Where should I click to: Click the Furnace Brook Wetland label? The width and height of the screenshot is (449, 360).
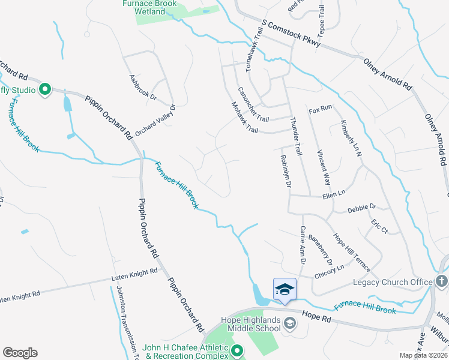[148, 7]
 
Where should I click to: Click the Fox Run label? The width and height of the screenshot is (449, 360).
[320, 110]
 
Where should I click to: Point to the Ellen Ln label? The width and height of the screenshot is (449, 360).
[334, 193]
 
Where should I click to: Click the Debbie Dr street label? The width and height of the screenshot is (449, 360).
[361, 207]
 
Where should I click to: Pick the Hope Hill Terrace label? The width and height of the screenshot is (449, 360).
[353, 252]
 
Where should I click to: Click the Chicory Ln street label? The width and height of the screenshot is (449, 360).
[330, 271]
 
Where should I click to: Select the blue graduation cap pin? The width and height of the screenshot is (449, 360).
[285, 289]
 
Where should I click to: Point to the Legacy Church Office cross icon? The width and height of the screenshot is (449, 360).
[441, 281]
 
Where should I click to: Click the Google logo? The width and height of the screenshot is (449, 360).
[20, 353]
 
